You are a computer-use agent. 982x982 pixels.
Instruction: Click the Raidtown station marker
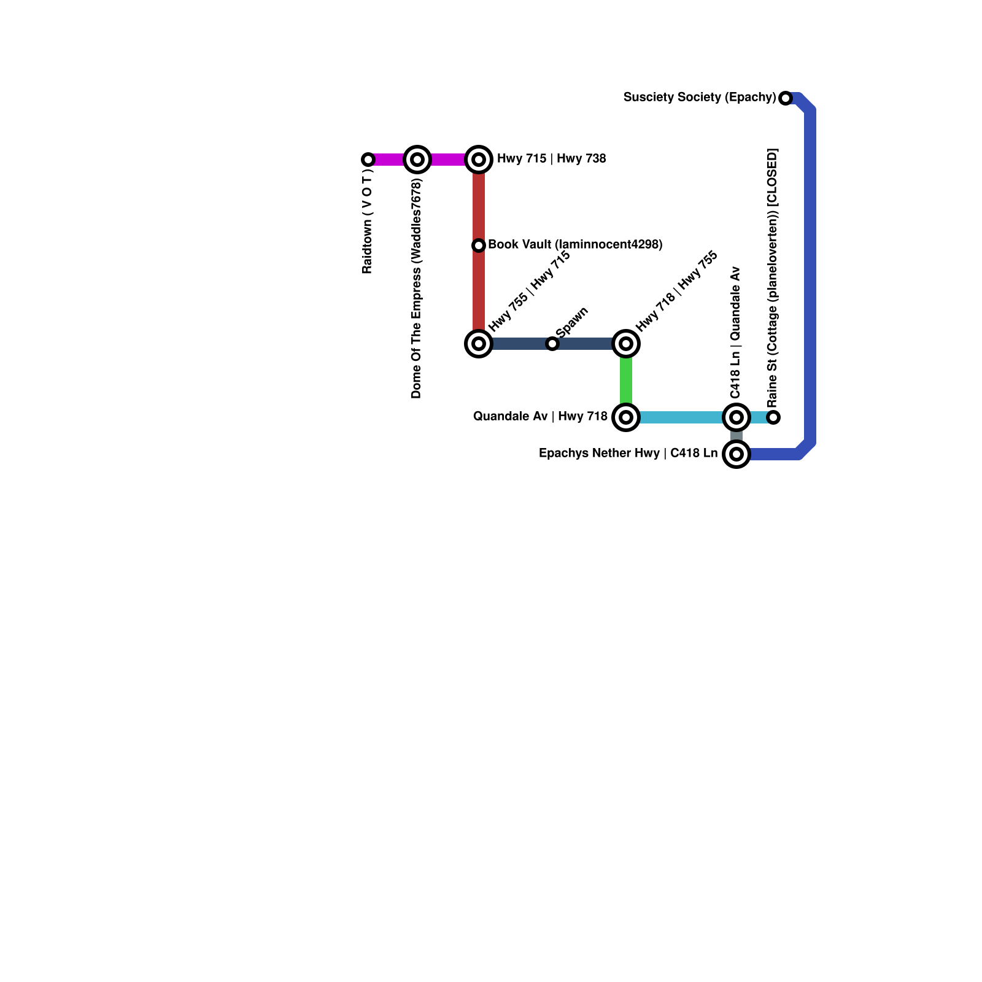(x=368, y=160)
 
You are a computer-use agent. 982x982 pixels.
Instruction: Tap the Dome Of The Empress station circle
(x=417, y=160)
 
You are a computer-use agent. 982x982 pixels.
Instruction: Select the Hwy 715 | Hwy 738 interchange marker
(x=479, y=160)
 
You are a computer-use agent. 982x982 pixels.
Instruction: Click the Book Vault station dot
(x=479, y=245)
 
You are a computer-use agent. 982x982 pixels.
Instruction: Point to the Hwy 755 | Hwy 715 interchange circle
(x=479, y=344)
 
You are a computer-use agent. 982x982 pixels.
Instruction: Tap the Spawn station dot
(x=552, y=344)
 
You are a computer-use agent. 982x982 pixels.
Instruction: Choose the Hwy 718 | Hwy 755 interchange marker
(x=626, y=344)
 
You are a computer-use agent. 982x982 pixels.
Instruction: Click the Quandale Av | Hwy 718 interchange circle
(x=626, y=417)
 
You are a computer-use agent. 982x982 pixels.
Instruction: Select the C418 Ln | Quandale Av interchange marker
(x=736, y=417)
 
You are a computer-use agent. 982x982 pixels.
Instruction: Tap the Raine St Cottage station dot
(x=774, y=417)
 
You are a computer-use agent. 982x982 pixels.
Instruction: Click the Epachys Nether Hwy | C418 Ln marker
(x=736, y=454)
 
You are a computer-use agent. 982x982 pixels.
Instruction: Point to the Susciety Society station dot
(x=786, y=98)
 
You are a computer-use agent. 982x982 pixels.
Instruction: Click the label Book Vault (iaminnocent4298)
(x=575, y=244)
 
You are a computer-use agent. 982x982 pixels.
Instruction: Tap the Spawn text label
(x=572, y=322)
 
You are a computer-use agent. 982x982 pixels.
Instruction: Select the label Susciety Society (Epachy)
(x=700, y=97)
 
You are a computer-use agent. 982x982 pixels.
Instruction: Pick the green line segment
(x=626, y=381)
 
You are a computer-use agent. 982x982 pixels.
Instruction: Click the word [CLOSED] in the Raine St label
(x=773, y=178)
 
